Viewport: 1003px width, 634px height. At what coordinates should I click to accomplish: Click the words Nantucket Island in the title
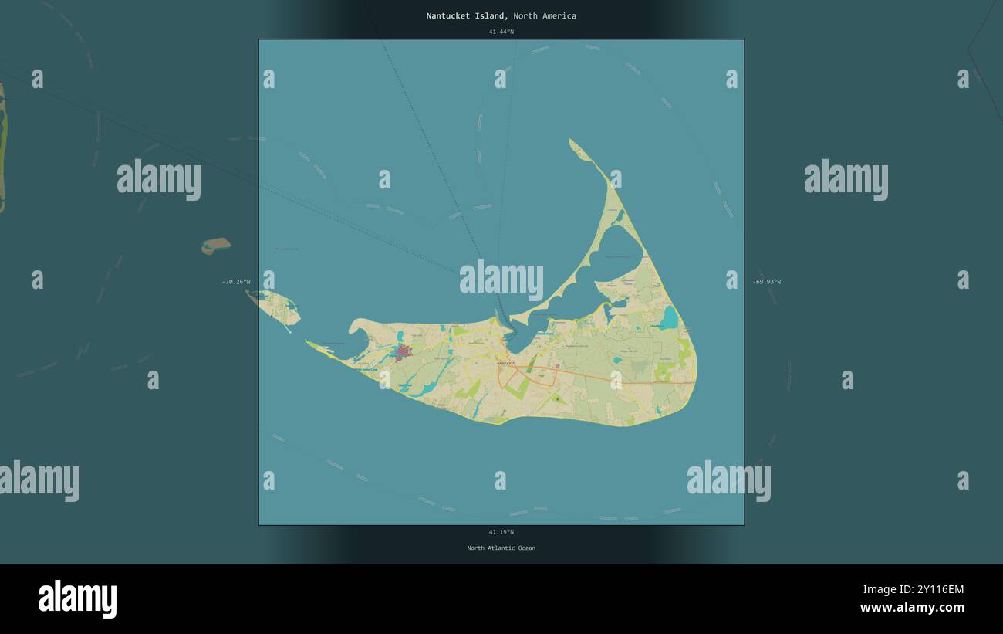click(467, 16)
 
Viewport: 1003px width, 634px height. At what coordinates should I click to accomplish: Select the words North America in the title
click(545, 16)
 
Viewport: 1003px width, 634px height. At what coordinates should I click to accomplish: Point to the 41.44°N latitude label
click(501, 32)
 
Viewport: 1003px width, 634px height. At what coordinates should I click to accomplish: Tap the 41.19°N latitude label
click(501, 532)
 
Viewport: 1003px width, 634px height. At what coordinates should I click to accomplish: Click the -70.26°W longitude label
click(236, 282)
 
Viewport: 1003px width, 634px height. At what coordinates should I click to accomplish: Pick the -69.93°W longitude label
click(767, 282)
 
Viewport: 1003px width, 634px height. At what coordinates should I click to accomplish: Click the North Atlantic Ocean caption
click(501, 548)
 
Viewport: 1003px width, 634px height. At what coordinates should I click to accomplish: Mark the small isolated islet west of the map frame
click(216, 246)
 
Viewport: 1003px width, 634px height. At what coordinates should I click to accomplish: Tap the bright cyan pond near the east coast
click(668, 317)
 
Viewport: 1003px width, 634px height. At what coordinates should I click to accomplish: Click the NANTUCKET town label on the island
click(506, 362)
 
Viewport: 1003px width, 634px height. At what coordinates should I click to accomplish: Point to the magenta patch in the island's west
click(402, 352)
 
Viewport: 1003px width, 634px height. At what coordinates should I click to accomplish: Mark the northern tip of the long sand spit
click(572, 141)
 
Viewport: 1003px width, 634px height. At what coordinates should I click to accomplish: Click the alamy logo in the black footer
click(77, 599)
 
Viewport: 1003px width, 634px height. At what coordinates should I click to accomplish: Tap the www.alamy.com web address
click(912, 608)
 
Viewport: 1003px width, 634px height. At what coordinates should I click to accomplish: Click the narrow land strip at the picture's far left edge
click(2, 147)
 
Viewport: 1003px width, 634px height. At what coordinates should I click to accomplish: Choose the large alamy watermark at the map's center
click(501, 280)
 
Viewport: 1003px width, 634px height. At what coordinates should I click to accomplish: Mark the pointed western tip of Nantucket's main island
click(307, 341)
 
